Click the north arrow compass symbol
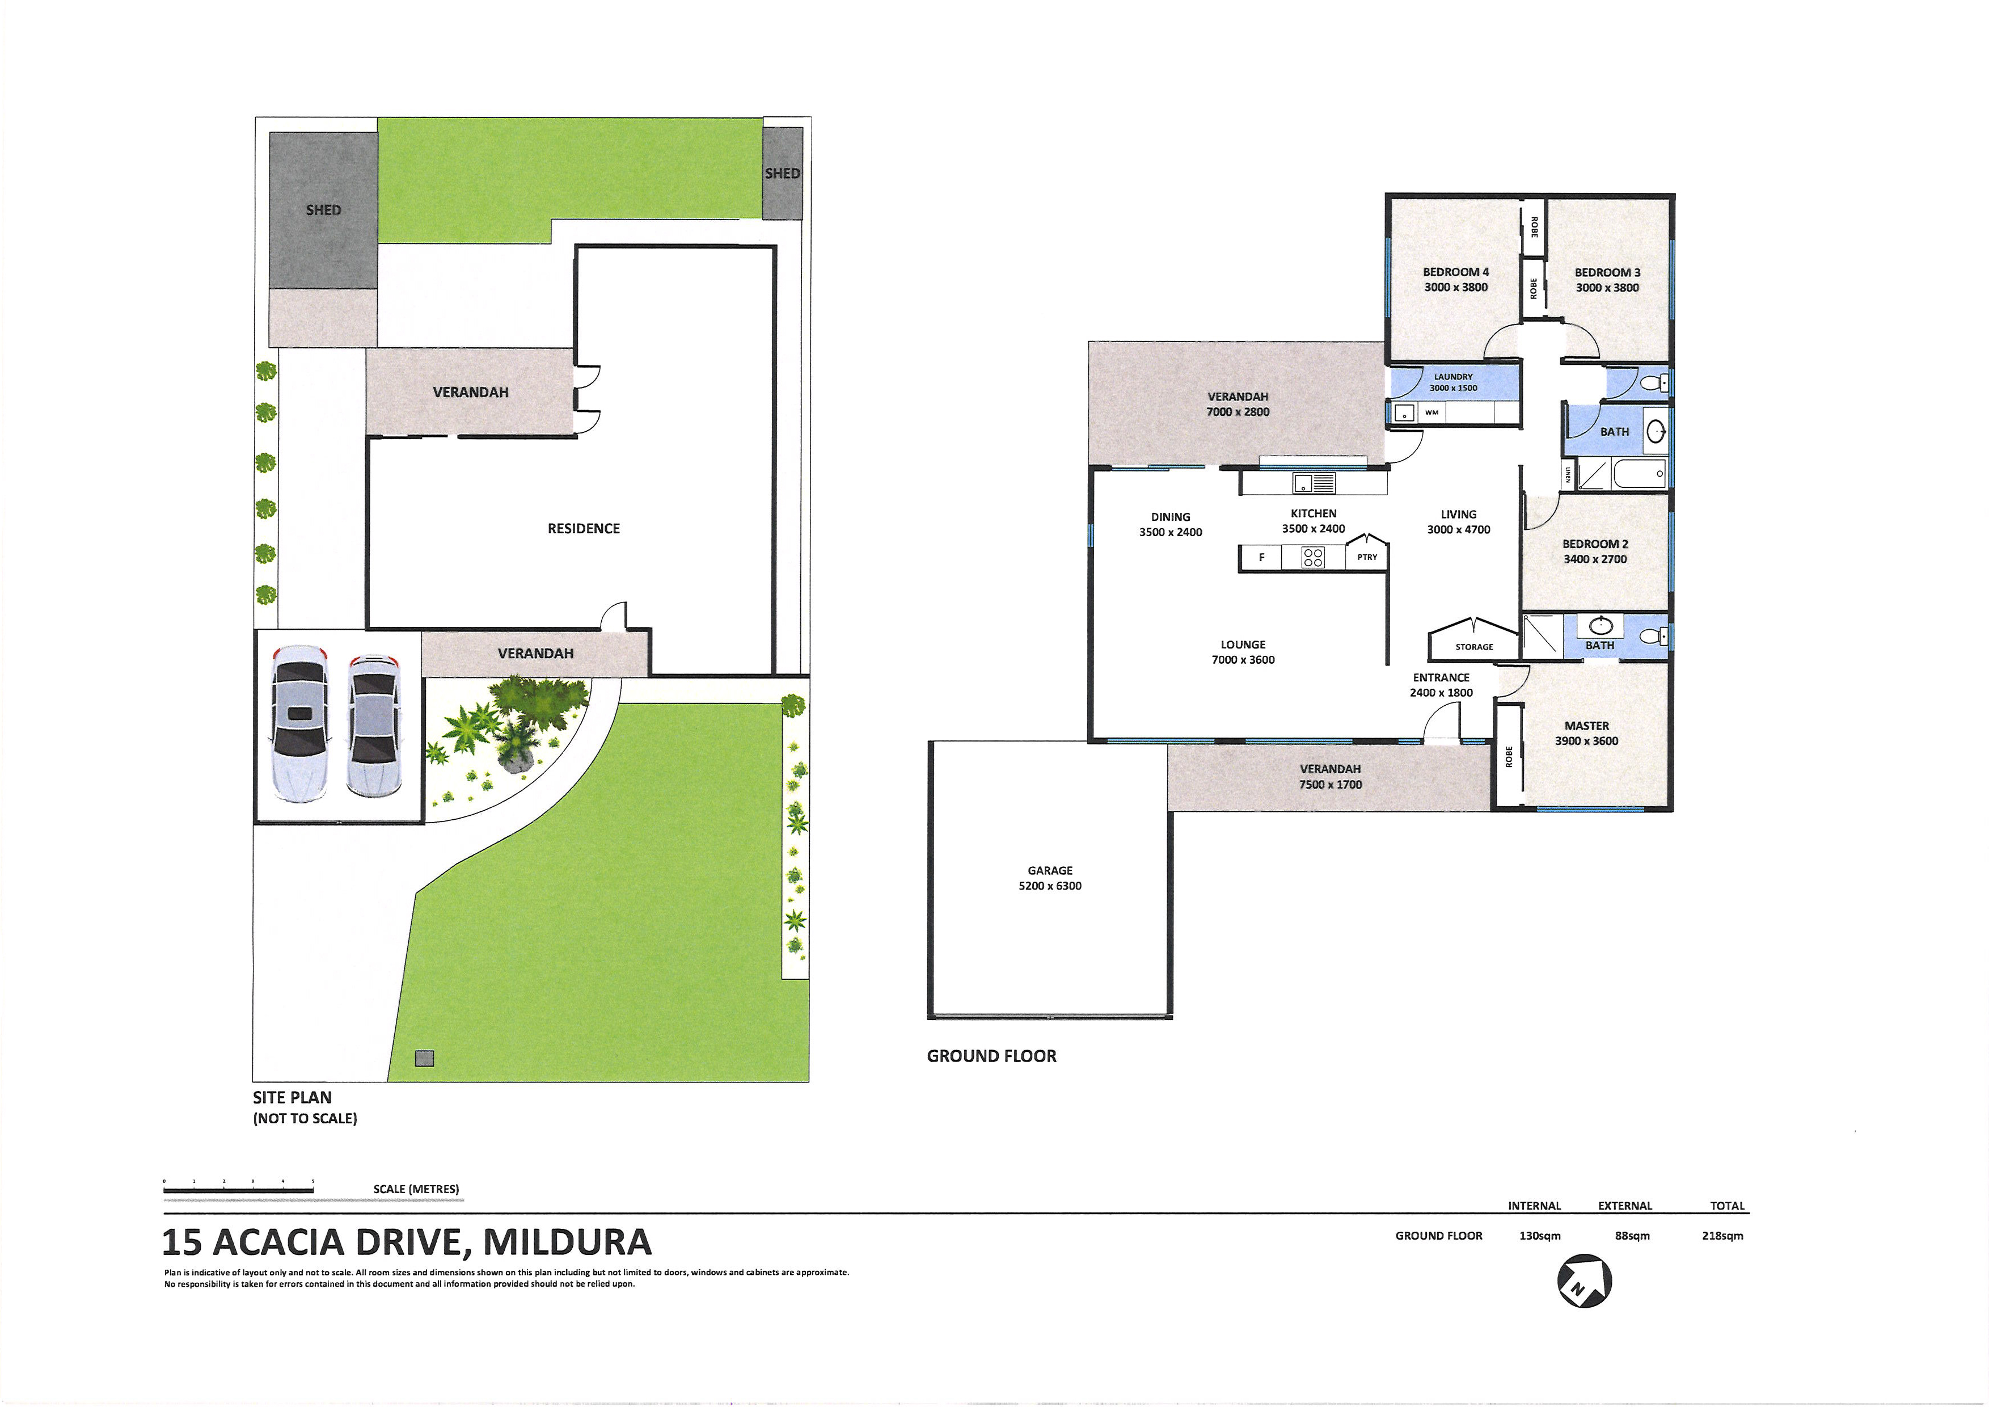coord(1585,1280)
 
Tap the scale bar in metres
coord(238,1191)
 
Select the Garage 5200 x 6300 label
coord(1050,878)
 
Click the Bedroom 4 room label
coord(1455,279)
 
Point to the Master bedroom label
coord(1586,733)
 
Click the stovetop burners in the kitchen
coord(1312,557)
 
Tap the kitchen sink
coord(1314,483)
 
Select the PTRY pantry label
coord(1367,557)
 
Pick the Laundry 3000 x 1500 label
coord(1453,382)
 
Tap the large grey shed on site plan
coord(323,210)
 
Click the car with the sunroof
coord(299,723)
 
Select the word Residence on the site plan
coord(583,529)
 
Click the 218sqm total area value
coord(1722,1236)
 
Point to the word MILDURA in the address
coord(567,1242)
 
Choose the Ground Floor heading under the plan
coord(992,1056)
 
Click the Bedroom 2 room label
coord(1595,551)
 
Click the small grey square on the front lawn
coord(424,1058)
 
